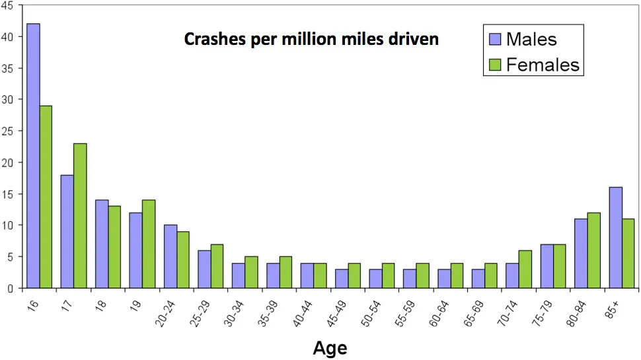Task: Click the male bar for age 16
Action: pos(33,156)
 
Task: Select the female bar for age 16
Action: pos(46,197)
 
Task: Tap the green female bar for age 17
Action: pos(80,216)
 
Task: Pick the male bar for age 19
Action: pos(135,250)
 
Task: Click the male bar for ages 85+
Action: pos(616,237)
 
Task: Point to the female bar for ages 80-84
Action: pos(593,250)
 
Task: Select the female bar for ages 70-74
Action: pos(525,270)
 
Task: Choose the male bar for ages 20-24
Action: pos(170,256)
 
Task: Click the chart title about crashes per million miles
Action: pos(311,39)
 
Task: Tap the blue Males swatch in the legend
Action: pos(495,39)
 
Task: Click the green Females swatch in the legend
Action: pos(495,65)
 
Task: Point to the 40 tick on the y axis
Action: pos(7,37)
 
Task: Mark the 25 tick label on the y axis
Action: pos(7,131)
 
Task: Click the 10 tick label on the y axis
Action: pos(8,225)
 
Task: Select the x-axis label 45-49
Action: pos(337,313)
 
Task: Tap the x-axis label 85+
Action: pos(611,309)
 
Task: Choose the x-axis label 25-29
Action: pos(200,313)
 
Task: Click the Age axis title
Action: pos(330,348)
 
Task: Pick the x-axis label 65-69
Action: pos(474,313)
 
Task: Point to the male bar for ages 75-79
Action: pos(547,266)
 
